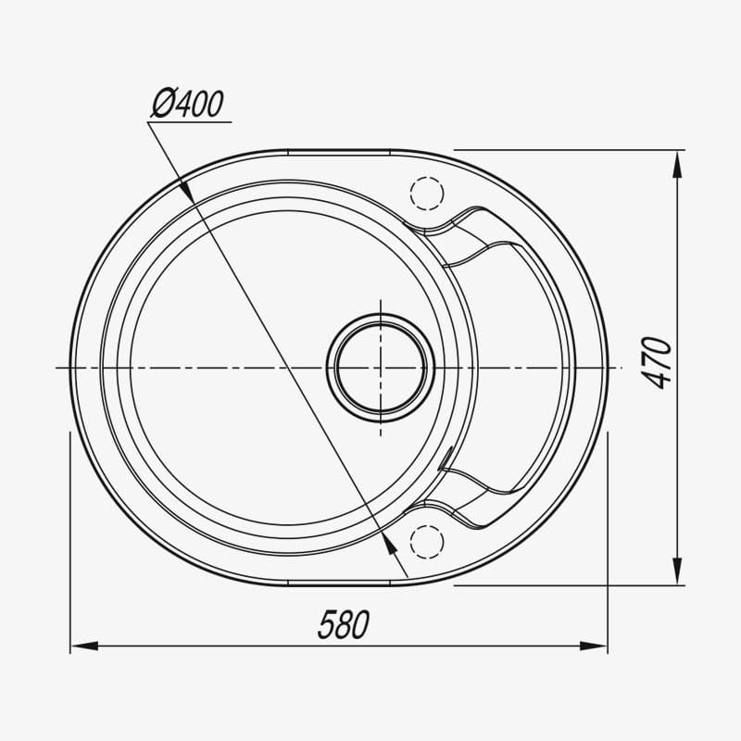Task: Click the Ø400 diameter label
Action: (x=187, y=104)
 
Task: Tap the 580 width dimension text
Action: (x=344, y=624)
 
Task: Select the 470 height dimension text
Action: (x=657, y=363)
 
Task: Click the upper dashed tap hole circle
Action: (x=427, y=194)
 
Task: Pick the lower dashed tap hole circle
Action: (x=427, y=542)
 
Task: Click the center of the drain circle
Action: (x=381, y=368)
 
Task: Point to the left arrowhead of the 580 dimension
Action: (x=84, y=646)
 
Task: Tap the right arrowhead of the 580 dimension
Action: (x=594, y=646)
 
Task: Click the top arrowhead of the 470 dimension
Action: (x=677, y=165)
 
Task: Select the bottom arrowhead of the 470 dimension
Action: (x=677, y=571)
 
